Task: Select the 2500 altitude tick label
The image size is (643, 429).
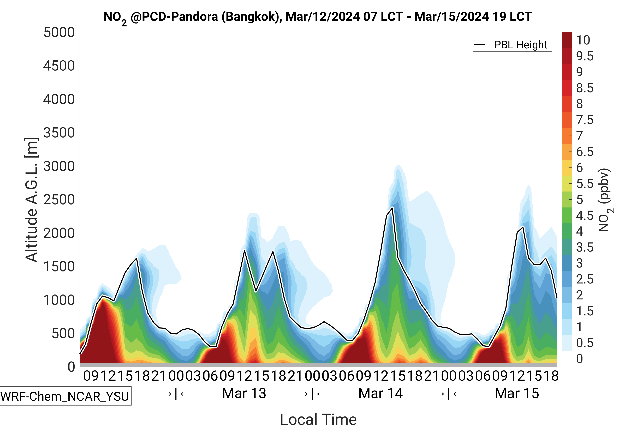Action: [59, 200]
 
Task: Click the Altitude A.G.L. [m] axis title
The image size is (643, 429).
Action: [31, 200]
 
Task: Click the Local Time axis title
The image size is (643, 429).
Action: [318, 419]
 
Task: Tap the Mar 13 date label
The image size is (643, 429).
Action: [244, 393]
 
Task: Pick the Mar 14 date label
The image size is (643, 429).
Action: [380, 393]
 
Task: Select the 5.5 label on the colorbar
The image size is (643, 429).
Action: [585, 184]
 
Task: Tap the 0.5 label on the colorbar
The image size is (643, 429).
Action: [585, 343]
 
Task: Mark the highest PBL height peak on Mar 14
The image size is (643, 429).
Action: [392, 208]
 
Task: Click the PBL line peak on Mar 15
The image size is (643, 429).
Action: [523, 227]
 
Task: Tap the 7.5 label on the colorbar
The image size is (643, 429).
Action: [585, 120]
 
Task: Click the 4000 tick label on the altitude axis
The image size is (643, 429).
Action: [59, 99]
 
